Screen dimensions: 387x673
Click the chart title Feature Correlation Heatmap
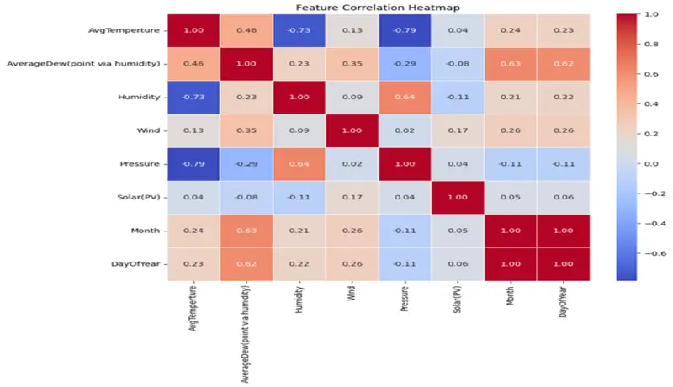(377, 8)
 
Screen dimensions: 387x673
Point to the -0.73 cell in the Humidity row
(193, 97)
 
